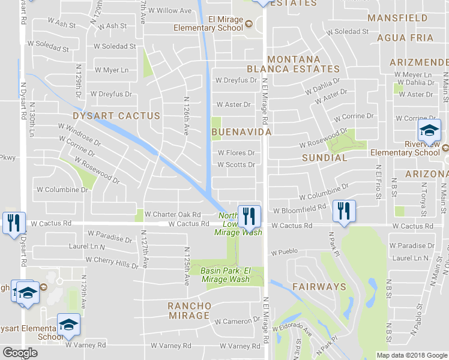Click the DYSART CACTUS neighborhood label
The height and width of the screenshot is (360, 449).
click(116, 115)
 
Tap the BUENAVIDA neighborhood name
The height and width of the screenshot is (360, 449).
click(241, 131)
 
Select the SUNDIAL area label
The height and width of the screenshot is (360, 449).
click(325, 158)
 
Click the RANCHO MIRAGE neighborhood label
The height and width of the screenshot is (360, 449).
click(190, 311)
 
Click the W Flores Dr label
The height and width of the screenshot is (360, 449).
click(236, 152)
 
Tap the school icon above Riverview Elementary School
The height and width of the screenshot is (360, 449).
click(429, 130)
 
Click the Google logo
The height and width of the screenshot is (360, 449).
click(20, 353)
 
